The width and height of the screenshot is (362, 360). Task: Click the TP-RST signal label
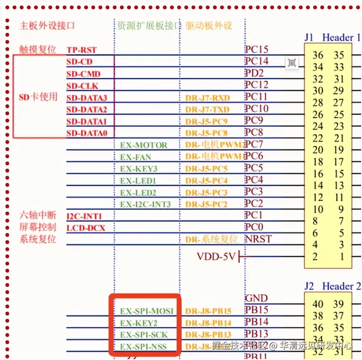(81, 50)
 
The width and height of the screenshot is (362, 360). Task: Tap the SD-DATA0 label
(86, 133)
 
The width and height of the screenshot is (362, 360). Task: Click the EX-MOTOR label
(143, 145)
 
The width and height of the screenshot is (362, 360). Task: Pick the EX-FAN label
(136, 157)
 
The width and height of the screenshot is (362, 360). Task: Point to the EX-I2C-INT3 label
(145, 204)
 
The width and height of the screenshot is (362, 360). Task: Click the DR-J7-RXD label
(207, 98)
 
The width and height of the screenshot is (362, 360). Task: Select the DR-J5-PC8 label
(206, 133)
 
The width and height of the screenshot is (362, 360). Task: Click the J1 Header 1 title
(332, 38)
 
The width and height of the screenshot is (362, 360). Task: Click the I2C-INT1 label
(84, 216)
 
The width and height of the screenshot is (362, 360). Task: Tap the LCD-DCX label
(86, 228)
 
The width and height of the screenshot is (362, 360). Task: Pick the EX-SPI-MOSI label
(147, 311)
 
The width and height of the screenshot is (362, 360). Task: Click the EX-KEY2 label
(138, 323)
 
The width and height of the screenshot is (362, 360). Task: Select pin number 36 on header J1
(318, 55)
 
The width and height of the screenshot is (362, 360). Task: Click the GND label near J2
(256, 298)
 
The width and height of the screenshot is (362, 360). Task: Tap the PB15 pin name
(256, 310)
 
